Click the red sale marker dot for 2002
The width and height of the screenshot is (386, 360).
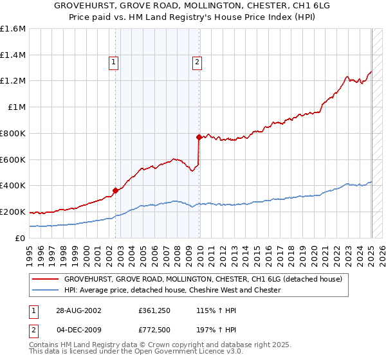pyautogui.click(x=116, y=190)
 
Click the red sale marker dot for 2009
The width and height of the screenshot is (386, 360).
pyautogui.click(x=199, y=136)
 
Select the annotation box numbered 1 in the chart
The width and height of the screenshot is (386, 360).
pyautogui.click(x=113, y=62)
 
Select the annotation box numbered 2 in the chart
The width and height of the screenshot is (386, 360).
pyautogui.click(x=196, y=62)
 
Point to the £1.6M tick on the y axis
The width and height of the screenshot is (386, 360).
pyautogui.click(x=13, y=29)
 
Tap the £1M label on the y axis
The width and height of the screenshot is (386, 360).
pyautogui.click(x=17, y=107)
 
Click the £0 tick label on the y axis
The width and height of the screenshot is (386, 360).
pyautogui.click(x=20, y=238)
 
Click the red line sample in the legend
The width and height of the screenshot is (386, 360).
pyautogui.click(x=45, y=279)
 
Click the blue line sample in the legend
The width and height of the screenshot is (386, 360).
pyautogui.click(x=45, y=290)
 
